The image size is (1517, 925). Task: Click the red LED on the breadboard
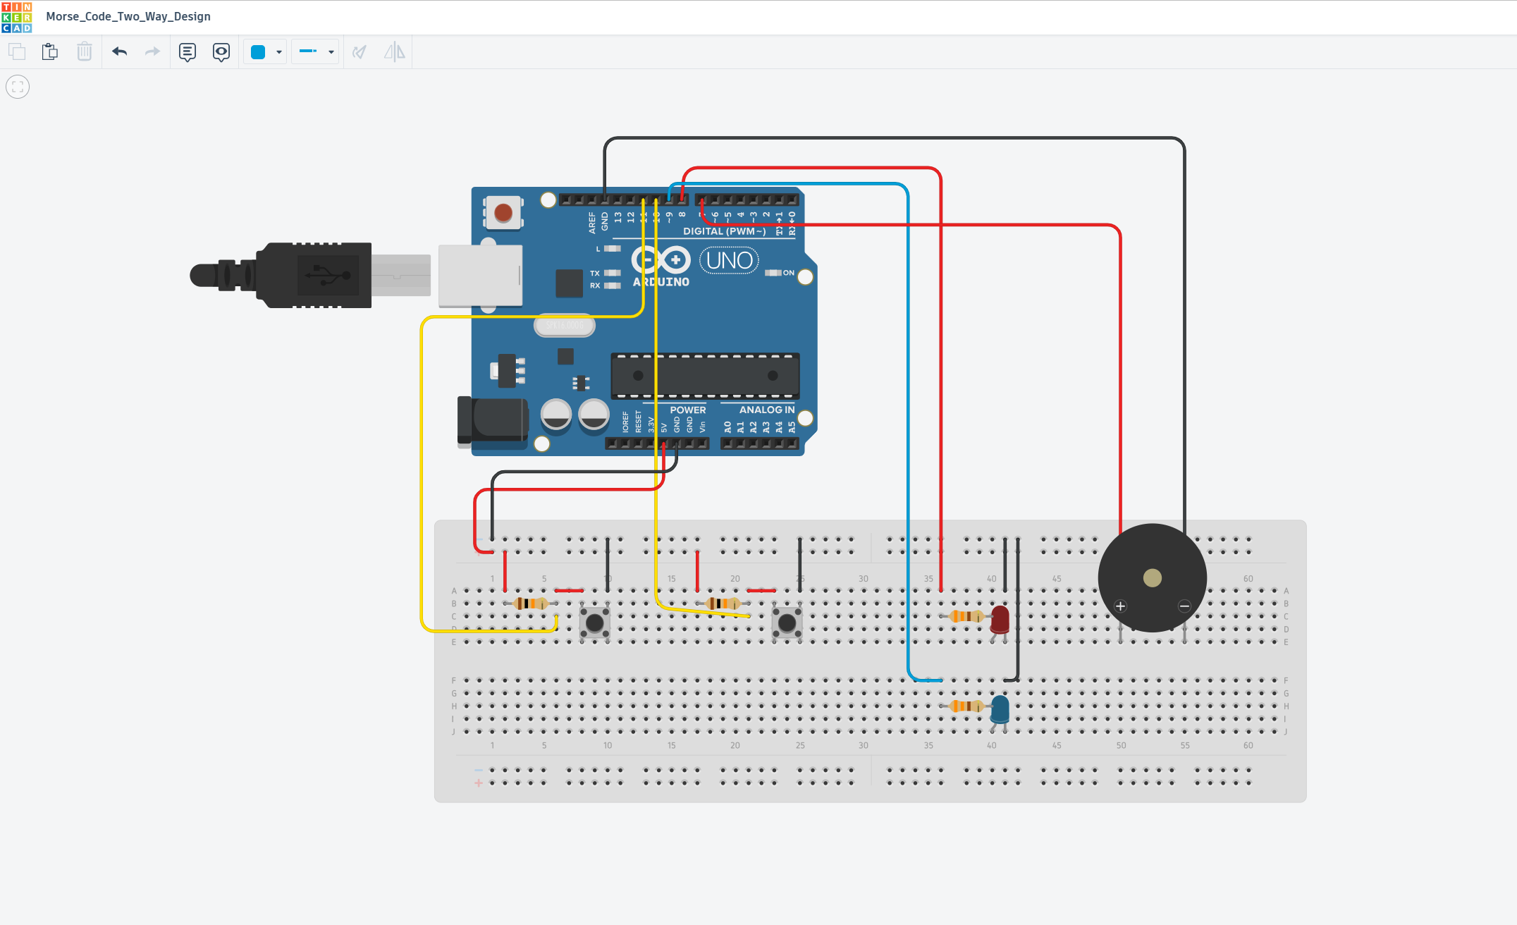tap(1000, 619)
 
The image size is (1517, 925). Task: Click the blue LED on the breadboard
tap(1000, 709)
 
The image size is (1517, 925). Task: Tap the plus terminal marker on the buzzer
tap(1120, 606)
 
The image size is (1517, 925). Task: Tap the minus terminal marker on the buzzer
tap(1184, 606)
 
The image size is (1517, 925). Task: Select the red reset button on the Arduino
tap(503, 212)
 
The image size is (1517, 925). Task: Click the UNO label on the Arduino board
tap(729, 261)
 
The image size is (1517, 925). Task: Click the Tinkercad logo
tap(17, 17)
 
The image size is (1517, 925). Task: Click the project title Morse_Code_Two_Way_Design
tap(128, 16)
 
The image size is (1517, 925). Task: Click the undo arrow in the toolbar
tap(119, 51)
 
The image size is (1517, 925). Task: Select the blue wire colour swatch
tap(258, 51)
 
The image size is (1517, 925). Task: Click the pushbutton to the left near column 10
tap(595, 623)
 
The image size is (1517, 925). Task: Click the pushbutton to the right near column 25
tap(787, 623)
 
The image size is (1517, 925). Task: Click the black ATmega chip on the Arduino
tap(705, 376)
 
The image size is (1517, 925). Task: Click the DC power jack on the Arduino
tap(493, 421)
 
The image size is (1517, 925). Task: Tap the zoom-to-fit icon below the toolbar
tap(18, 87)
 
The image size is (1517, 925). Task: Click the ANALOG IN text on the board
tap(766, 410)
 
